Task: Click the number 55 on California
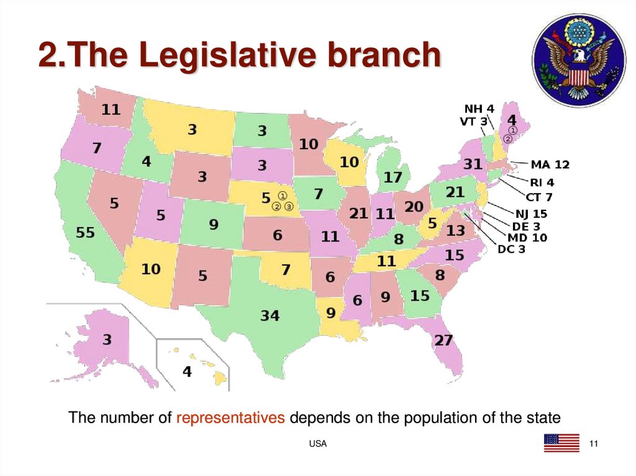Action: click(86, 233)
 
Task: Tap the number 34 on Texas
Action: click(270, 316)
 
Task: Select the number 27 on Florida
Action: click(444, 340)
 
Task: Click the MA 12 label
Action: click(550, 165)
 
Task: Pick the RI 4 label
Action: click(542, 182)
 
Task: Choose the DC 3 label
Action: click(512, 249)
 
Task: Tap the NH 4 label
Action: click(479, 109)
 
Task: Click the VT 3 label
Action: click(473, 122)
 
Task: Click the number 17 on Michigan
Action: click(393, 177)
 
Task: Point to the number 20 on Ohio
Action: click(414, 207)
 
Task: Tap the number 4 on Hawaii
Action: click(186, 372)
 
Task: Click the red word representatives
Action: click(230, 418)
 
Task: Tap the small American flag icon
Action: click(561, 442)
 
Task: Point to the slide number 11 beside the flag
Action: click(593, 443)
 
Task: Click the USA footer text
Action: click(318, 444)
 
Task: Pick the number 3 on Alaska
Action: click(107, 339)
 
